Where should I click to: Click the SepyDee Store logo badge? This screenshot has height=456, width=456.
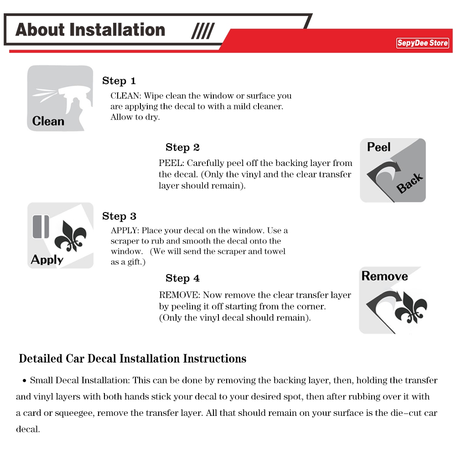click(422, 43)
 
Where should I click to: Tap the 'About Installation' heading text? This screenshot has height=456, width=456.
click(90, 30)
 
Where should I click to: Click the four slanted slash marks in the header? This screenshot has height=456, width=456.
click(203, 31)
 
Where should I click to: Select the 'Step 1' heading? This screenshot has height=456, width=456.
click(119, 81)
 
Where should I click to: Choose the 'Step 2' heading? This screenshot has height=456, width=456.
click(182, 147)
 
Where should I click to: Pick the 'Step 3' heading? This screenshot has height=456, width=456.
click(119, 216)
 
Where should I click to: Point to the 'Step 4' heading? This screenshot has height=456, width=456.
click(182, 278)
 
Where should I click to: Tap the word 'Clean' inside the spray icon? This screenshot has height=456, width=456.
click(48, 121)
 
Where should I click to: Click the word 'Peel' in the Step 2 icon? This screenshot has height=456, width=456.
click(378, 147)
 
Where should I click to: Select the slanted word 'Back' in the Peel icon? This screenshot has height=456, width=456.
click(409, 183)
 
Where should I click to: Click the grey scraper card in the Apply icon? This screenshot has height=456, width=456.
click(41, 227)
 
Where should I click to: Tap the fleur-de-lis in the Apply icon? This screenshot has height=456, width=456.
click(71, 236)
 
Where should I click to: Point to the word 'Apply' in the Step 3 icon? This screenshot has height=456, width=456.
click(47, 260)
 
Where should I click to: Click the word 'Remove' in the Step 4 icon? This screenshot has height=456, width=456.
click(384, 276)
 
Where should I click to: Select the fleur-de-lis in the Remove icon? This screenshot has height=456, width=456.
click(411, 308)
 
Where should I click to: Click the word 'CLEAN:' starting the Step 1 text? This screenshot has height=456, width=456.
click(126, 96)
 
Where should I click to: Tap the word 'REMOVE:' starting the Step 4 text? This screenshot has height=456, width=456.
click(179, 295)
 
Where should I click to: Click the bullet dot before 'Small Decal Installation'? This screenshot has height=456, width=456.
click(25, 381)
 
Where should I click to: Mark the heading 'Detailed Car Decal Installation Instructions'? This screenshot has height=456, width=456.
click(133, 358)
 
